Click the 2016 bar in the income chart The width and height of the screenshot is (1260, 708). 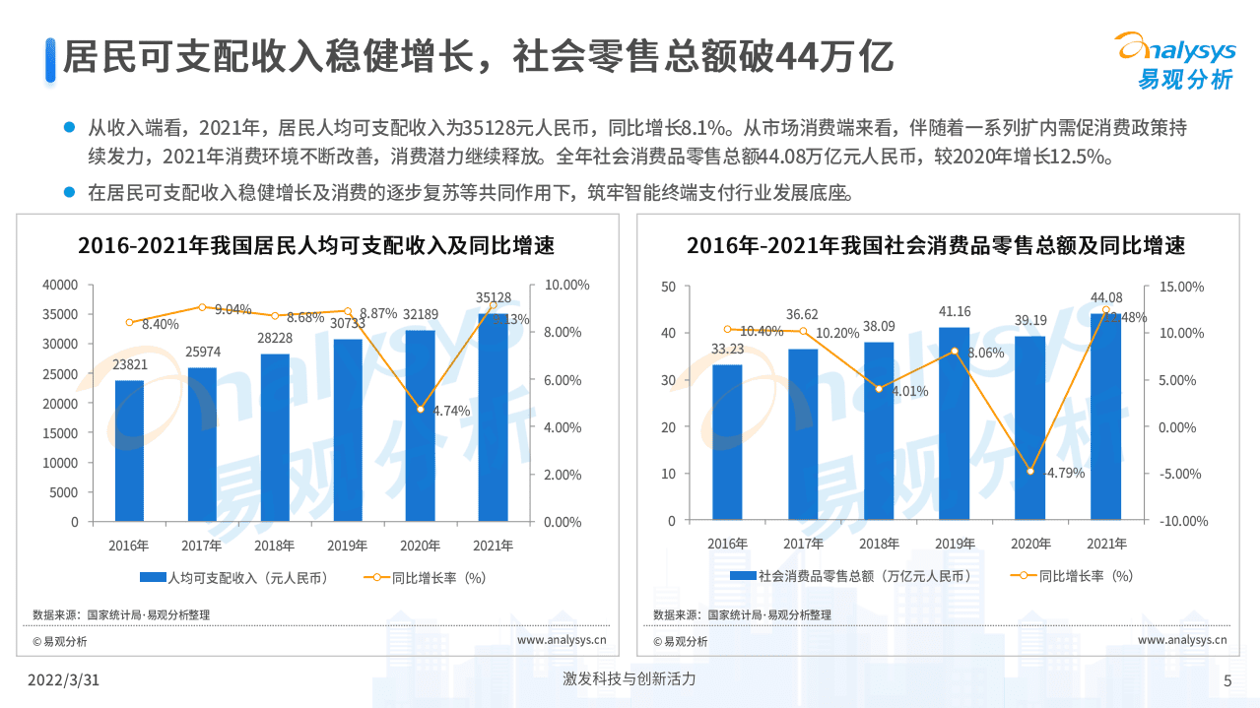coord(129,450)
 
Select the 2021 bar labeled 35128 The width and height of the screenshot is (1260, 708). coord(493,417)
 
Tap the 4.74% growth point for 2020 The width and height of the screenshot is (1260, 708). coord(421,409)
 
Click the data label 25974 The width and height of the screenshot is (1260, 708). coord(202,352)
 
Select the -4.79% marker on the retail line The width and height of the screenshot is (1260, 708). coord(1030,472)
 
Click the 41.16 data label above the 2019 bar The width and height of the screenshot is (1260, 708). coord(954,312)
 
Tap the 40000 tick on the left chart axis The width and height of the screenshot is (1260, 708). coord(60,285)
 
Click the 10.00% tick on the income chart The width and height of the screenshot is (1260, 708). coord(567,285)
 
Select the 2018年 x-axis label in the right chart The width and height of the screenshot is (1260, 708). coord(879,544)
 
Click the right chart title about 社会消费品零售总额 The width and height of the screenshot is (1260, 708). coord(935,245)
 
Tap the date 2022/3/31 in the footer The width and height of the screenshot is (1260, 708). coord(63,679)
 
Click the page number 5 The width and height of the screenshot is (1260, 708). coord(1227,680)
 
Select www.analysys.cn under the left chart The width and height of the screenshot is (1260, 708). coord(562,640)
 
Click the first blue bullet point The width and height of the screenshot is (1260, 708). coord(69,127)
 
